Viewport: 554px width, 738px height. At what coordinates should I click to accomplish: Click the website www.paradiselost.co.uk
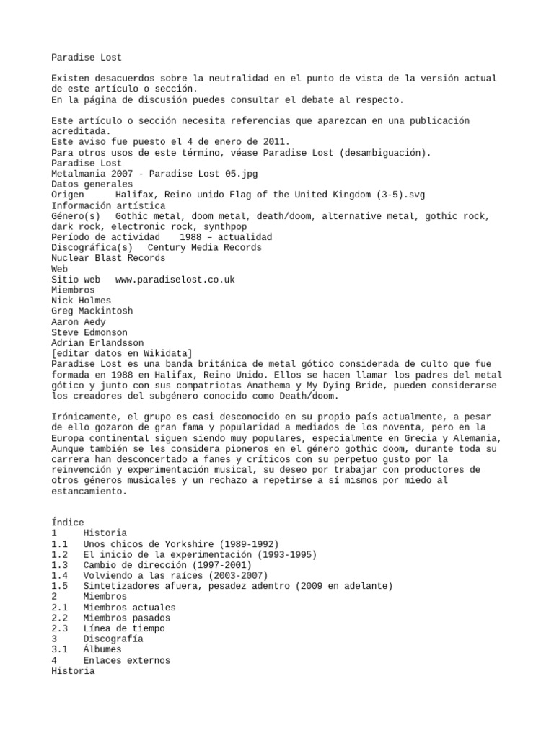click(x=175, y=279)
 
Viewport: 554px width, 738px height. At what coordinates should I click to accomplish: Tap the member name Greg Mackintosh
click(x=92, y=311)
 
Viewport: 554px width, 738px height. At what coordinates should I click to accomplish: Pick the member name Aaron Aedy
click(x=79, y=321)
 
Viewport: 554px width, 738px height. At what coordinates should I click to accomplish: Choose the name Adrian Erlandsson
click(x=97, y=342)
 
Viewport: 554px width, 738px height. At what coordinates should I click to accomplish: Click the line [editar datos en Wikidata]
click(x=122, y=353)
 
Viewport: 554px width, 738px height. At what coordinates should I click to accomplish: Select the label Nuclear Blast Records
click(x=108, y=258)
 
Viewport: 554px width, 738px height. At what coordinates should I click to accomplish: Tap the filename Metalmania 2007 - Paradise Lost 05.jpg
click(x=154, y=174)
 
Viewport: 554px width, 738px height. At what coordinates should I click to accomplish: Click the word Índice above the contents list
click(x=68, y=523)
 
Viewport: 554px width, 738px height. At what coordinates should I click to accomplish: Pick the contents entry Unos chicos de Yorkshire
click(x=181, y=543)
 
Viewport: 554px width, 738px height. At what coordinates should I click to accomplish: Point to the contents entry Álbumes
click(x=102, y=649)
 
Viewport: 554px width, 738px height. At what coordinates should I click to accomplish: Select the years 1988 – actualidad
click(x=226, y=237)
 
